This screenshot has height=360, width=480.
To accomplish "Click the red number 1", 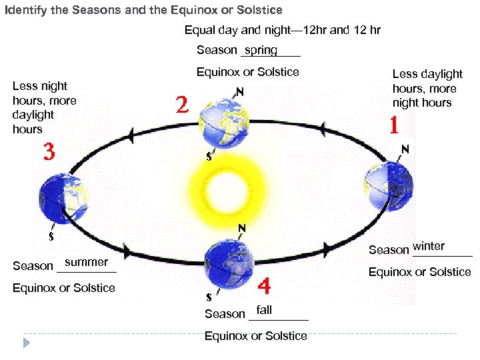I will pyautogui.click(x=395, y=125).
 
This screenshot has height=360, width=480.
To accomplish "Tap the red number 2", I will pyautogui.click(x=182, y=105).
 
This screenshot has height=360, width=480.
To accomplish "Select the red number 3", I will pyautogui.click(x=49, y=151).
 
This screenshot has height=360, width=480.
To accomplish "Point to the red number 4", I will pyautogui.click(x=264, y=287).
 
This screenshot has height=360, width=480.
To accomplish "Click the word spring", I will pyautogui.click(x=261, y=50).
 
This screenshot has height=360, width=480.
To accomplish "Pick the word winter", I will pyautogui.click(x=429, y=246).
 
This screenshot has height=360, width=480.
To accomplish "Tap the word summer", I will pyautogui.click(x=86, y=262).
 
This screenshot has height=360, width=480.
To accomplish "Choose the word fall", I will pyautogui.click(x=264, y=310).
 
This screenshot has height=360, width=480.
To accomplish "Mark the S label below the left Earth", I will pyautogui.click(x=51, y=236).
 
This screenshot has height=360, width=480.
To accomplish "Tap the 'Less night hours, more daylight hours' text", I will pyautogui.click(x=44, y=107).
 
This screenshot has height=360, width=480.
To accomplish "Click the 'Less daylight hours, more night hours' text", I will pyautogui.click(x=427, y=88).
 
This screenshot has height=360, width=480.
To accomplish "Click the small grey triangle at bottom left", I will pyautogui.click(x=27, y=343).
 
